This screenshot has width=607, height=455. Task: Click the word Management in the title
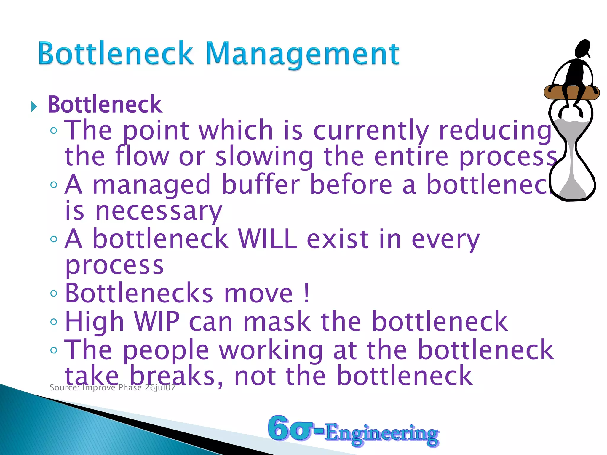tap(302, 54)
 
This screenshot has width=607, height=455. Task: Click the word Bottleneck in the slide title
tap(116, 53)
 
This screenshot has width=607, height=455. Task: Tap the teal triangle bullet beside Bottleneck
tap(34, 106)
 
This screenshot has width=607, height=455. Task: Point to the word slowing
tap(264, 157)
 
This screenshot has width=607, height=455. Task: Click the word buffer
tap(261, 184)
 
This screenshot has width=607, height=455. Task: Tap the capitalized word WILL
tap(268, 239)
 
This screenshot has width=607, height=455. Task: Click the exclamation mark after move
tap(307, 293)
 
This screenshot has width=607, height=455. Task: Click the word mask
tap(277, 321)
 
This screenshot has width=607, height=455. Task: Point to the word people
tap(166, 350)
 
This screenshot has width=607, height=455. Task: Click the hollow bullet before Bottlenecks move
tap(54, 294)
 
